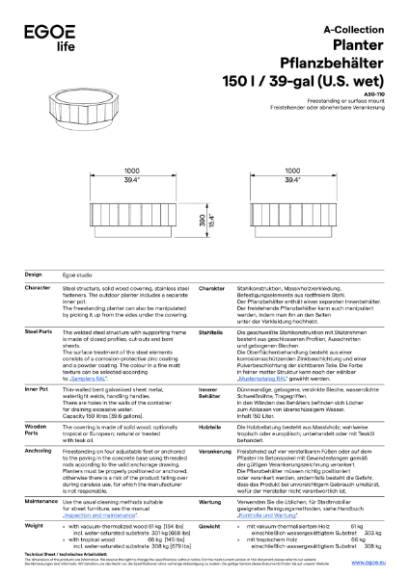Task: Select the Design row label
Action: (33, 275)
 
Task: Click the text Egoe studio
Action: (81, 276)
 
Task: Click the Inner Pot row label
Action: (37, 388)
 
